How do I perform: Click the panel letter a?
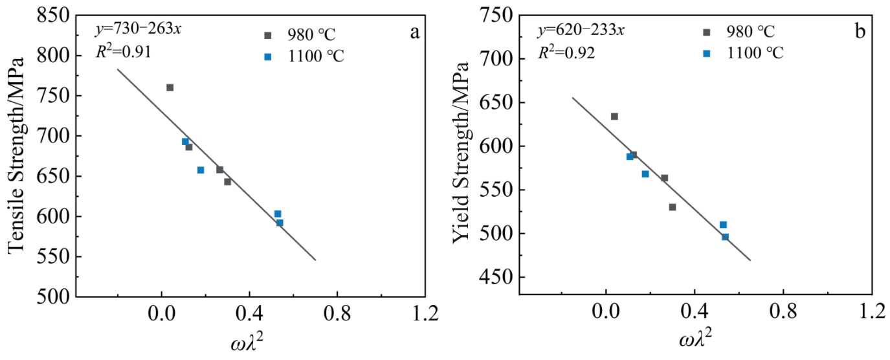(415, 30)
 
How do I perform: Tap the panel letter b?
(860, 30)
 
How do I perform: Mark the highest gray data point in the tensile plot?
(170, 87)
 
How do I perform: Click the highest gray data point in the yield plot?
(614, 117)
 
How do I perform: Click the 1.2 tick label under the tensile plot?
(425, 313)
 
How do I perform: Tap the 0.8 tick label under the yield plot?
(783, 313)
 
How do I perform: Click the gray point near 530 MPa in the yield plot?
(673, 207)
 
